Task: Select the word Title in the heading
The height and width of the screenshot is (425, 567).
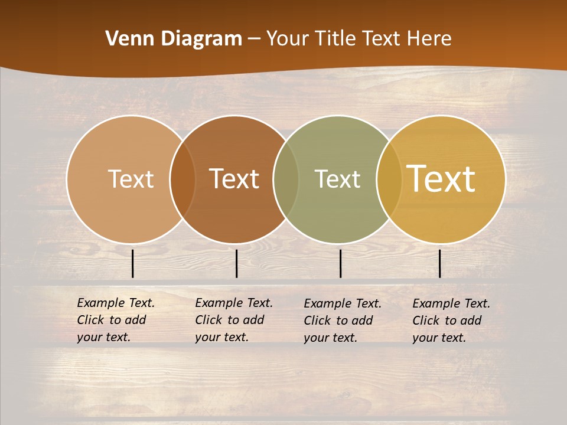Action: [x=335, y=39]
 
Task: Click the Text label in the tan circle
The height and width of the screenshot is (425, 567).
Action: [x=131, y=179]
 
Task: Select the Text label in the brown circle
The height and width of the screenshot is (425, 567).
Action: [x=234, y=179]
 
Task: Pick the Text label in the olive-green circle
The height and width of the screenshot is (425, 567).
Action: [x=337, y=179]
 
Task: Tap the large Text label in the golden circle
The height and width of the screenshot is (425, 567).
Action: [x=441, y=179]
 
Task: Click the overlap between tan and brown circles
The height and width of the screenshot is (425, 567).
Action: [x=183, y=179]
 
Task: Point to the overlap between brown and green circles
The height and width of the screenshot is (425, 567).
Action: [x=286, y=179]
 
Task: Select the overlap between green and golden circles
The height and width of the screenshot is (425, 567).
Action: [x=389, y=179]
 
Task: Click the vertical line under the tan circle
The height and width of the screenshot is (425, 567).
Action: [x=133, y=263]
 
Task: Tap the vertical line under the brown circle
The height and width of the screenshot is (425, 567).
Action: [x=236, y=263]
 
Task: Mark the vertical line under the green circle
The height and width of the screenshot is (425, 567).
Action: [x=340, y=263]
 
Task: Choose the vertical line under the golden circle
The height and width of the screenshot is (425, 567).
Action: [x=440, y=263]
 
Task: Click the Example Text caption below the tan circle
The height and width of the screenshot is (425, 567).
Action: [x=116, y=320]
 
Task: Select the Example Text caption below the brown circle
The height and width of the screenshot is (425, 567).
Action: [x=234, y=320]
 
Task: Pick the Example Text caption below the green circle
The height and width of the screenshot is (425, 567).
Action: [x=343, y=321]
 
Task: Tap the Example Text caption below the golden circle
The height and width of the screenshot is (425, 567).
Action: [x=451, y=321]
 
